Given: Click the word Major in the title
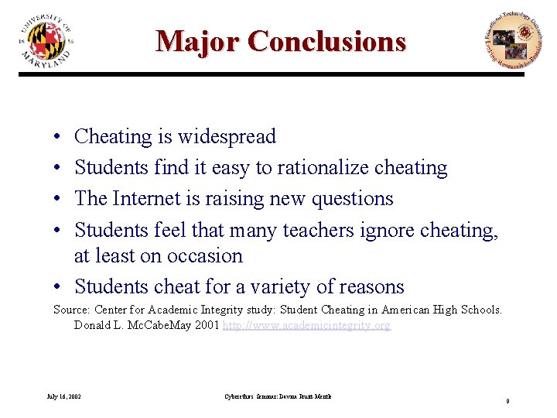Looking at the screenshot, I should (x=196, y=40).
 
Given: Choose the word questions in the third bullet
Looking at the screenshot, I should (x=352, y=199).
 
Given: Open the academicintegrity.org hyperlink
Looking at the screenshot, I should (x=306, y=326).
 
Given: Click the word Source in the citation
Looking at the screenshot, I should (x=70, y=310).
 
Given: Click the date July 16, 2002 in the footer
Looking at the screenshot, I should (x=63, y=397).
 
